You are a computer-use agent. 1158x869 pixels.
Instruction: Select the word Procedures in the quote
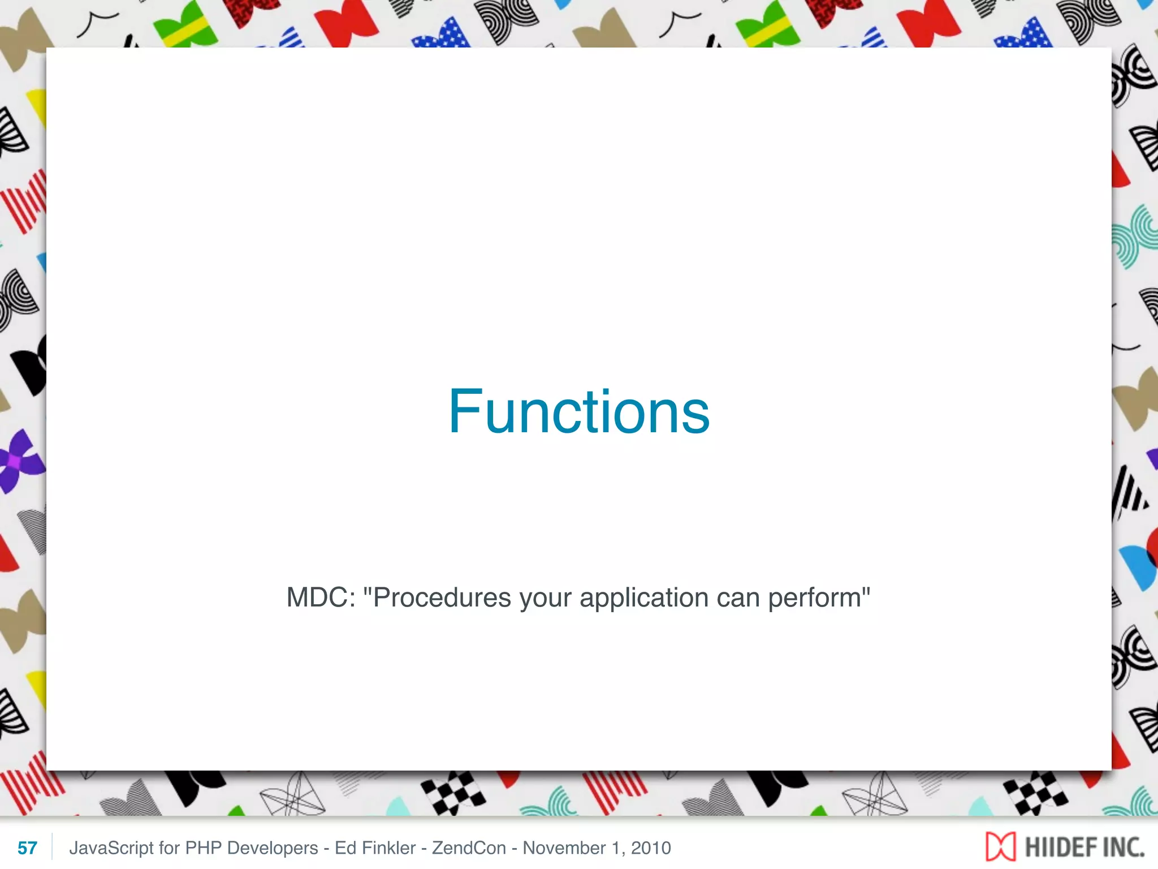tap(442, 597)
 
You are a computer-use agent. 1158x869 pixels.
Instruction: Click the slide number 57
tap(27, 848)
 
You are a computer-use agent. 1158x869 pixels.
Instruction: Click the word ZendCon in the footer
tap(469, 848)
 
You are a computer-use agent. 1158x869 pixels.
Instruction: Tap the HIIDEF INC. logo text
tap(1084, 847)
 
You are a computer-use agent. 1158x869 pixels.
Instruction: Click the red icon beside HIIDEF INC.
tap(1000, 847)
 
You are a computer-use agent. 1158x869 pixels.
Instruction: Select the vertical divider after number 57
tap(52, 847)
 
